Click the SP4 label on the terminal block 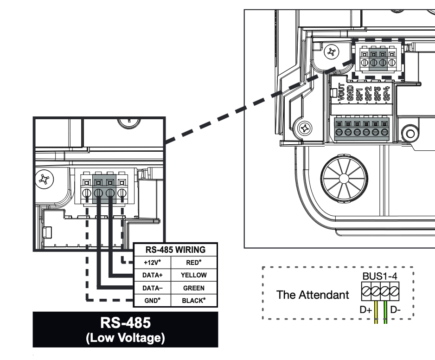click(386, 93)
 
